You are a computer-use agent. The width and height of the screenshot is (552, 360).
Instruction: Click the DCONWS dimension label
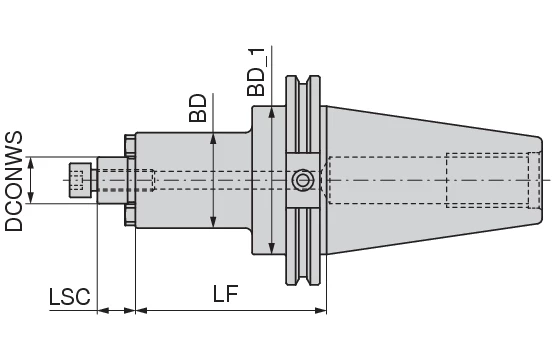[x=14, y=180]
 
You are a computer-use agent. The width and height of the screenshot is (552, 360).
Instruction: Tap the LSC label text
[x=69, y=297]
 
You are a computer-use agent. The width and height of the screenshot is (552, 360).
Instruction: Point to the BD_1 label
[x=258, y=70]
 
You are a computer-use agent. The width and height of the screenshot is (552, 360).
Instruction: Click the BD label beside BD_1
[x=197, y=107]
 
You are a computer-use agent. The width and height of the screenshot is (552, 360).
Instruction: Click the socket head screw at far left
[x=78, y=180]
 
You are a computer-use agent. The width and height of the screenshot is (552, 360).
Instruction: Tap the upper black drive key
[x=127, y=146]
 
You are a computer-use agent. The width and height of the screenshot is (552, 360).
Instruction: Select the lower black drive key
[x=127, y=214]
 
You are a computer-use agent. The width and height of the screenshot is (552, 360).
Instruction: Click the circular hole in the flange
[x=301, y=180]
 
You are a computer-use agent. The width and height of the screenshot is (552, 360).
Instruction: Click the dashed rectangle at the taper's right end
[x=487, y=180]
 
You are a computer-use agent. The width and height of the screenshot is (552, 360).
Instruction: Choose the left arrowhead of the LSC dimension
[x=101, y=310]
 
